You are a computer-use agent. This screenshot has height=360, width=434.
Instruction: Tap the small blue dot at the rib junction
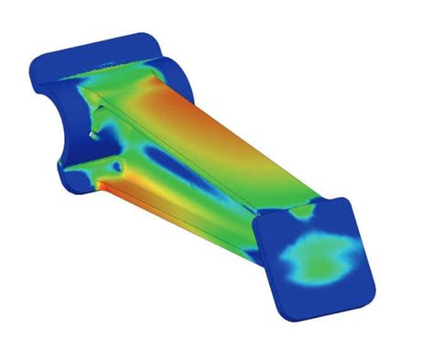point(117,167)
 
